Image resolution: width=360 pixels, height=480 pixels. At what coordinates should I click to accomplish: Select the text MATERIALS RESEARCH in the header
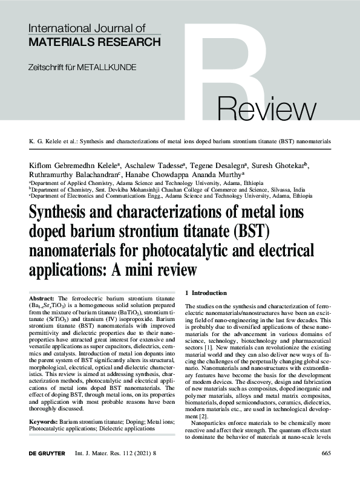94,42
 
